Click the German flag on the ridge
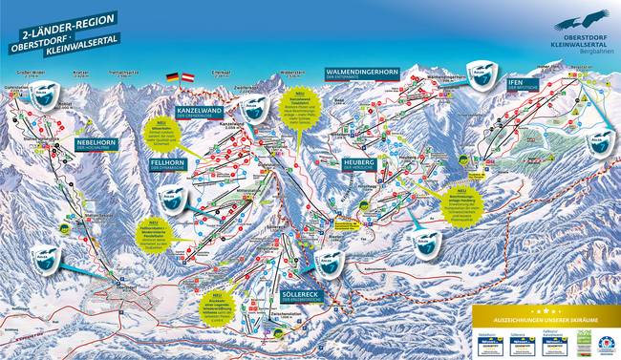[x=172, y=76]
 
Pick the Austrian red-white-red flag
[x=188, y=76]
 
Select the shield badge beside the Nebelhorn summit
[x=42, y=94]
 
